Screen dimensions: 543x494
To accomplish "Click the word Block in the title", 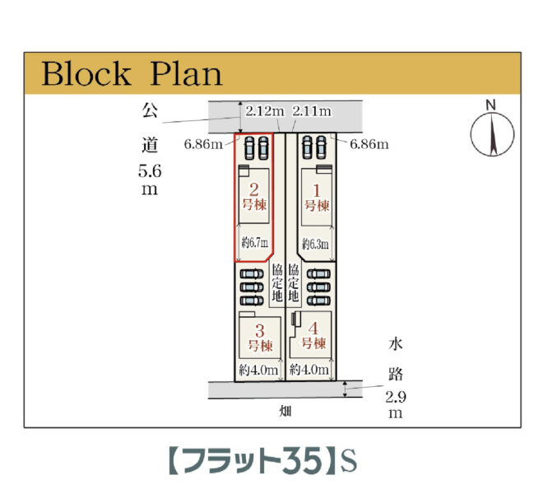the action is tap(86, 73).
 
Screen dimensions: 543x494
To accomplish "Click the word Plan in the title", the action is tap(186, 73).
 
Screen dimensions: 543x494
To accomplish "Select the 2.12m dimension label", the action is tap(265, 111).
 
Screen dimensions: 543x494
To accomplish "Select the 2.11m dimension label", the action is tap(312, 111).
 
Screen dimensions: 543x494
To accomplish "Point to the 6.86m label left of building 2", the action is tap(203, 144).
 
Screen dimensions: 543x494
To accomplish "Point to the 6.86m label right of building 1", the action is tap(369, 144).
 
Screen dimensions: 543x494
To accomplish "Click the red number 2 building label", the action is tap(254, 190).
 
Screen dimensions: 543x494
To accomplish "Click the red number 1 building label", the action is tap(316, 191).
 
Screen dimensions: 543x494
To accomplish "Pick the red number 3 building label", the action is tap(260, 331).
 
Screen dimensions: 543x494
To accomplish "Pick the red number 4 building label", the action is tap(313, 329).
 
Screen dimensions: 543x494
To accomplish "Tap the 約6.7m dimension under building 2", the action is tap(255, 243).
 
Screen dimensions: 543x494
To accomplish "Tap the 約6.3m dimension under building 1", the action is tap(315, 244).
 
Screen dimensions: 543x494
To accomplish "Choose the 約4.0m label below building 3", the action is tap(258, 370).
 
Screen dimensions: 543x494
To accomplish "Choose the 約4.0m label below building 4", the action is tap(309, 369).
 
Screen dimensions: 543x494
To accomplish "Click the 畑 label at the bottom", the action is tap(285, 412).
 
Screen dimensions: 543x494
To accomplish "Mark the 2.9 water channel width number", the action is tap(396, 397).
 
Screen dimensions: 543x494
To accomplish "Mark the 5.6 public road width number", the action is tap(150, 171).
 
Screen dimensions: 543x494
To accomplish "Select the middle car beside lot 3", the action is tap(252, 287).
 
